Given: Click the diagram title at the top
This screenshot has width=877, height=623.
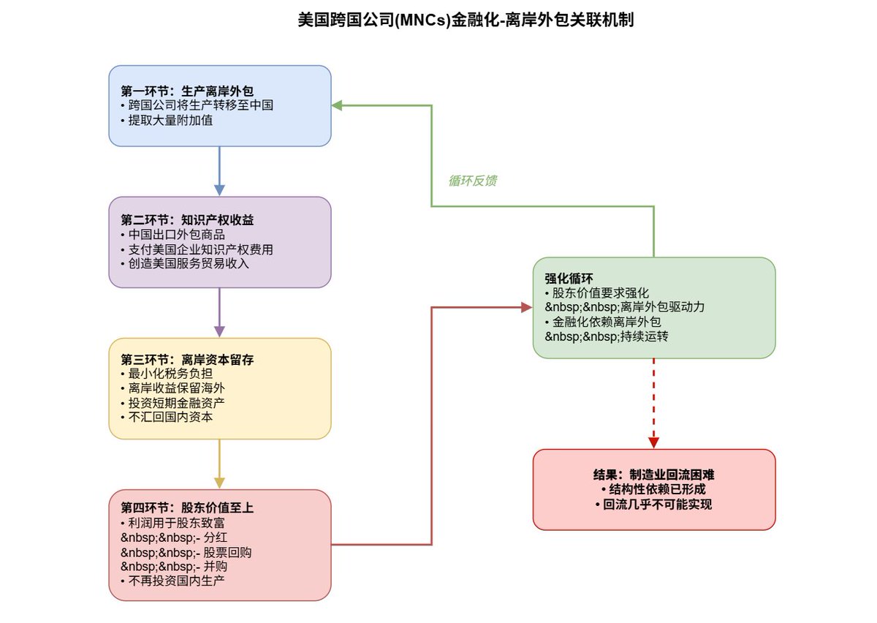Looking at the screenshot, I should [465, 20].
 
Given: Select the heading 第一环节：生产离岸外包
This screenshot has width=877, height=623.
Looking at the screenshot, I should [187, 91].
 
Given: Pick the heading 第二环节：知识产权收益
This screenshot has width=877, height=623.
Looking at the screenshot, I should [187, 220].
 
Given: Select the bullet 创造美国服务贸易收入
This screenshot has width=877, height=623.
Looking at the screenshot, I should [187, 263].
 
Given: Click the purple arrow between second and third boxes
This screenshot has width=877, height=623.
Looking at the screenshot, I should [219, 312].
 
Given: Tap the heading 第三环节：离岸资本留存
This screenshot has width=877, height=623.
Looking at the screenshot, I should [187, 360].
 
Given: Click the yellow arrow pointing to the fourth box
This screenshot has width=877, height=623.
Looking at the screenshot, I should [219, 464].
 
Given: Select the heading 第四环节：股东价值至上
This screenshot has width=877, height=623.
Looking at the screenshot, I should [187, 507].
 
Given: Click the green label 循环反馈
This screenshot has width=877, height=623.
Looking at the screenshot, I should [472, 181].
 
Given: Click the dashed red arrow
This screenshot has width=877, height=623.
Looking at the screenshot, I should [653, 402].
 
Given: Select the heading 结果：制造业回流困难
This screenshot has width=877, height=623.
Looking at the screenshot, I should [653, 475].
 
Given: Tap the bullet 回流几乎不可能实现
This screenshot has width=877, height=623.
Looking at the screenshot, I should [653, 504].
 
